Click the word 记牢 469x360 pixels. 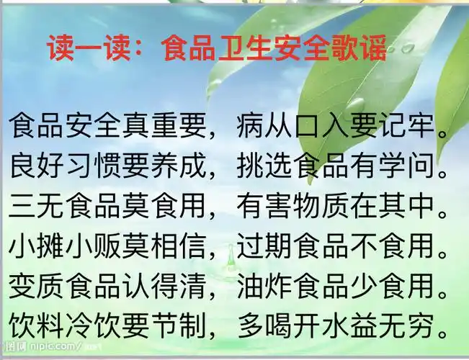tap(414, 127)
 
